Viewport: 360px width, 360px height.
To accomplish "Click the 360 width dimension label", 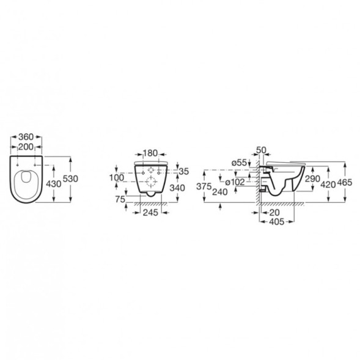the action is [x=26, y=137].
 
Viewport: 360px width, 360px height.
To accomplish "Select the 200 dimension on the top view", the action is [x=26, y=147].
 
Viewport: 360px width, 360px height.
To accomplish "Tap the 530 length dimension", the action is [x=70, y=178].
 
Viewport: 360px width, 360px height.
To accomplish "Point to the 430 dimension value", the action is [x=54, y=184].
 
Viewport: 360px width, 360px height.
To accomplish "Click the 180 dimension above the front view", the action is [x=150, y=153].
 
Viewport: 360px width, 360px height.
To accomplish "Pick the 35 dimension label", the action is [x=184, y=171].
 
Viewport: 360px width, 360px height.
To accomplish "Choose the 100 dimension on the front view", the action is [x=117, y=177].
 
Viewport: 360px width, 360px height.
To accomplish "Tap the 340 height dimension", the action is [x=177, y=188].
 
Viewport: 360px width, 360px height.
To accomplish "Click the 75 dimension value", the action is [x=120, y=199].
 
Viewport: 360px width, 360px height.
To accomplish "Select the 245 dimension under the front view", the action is [x=150, y=213].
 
